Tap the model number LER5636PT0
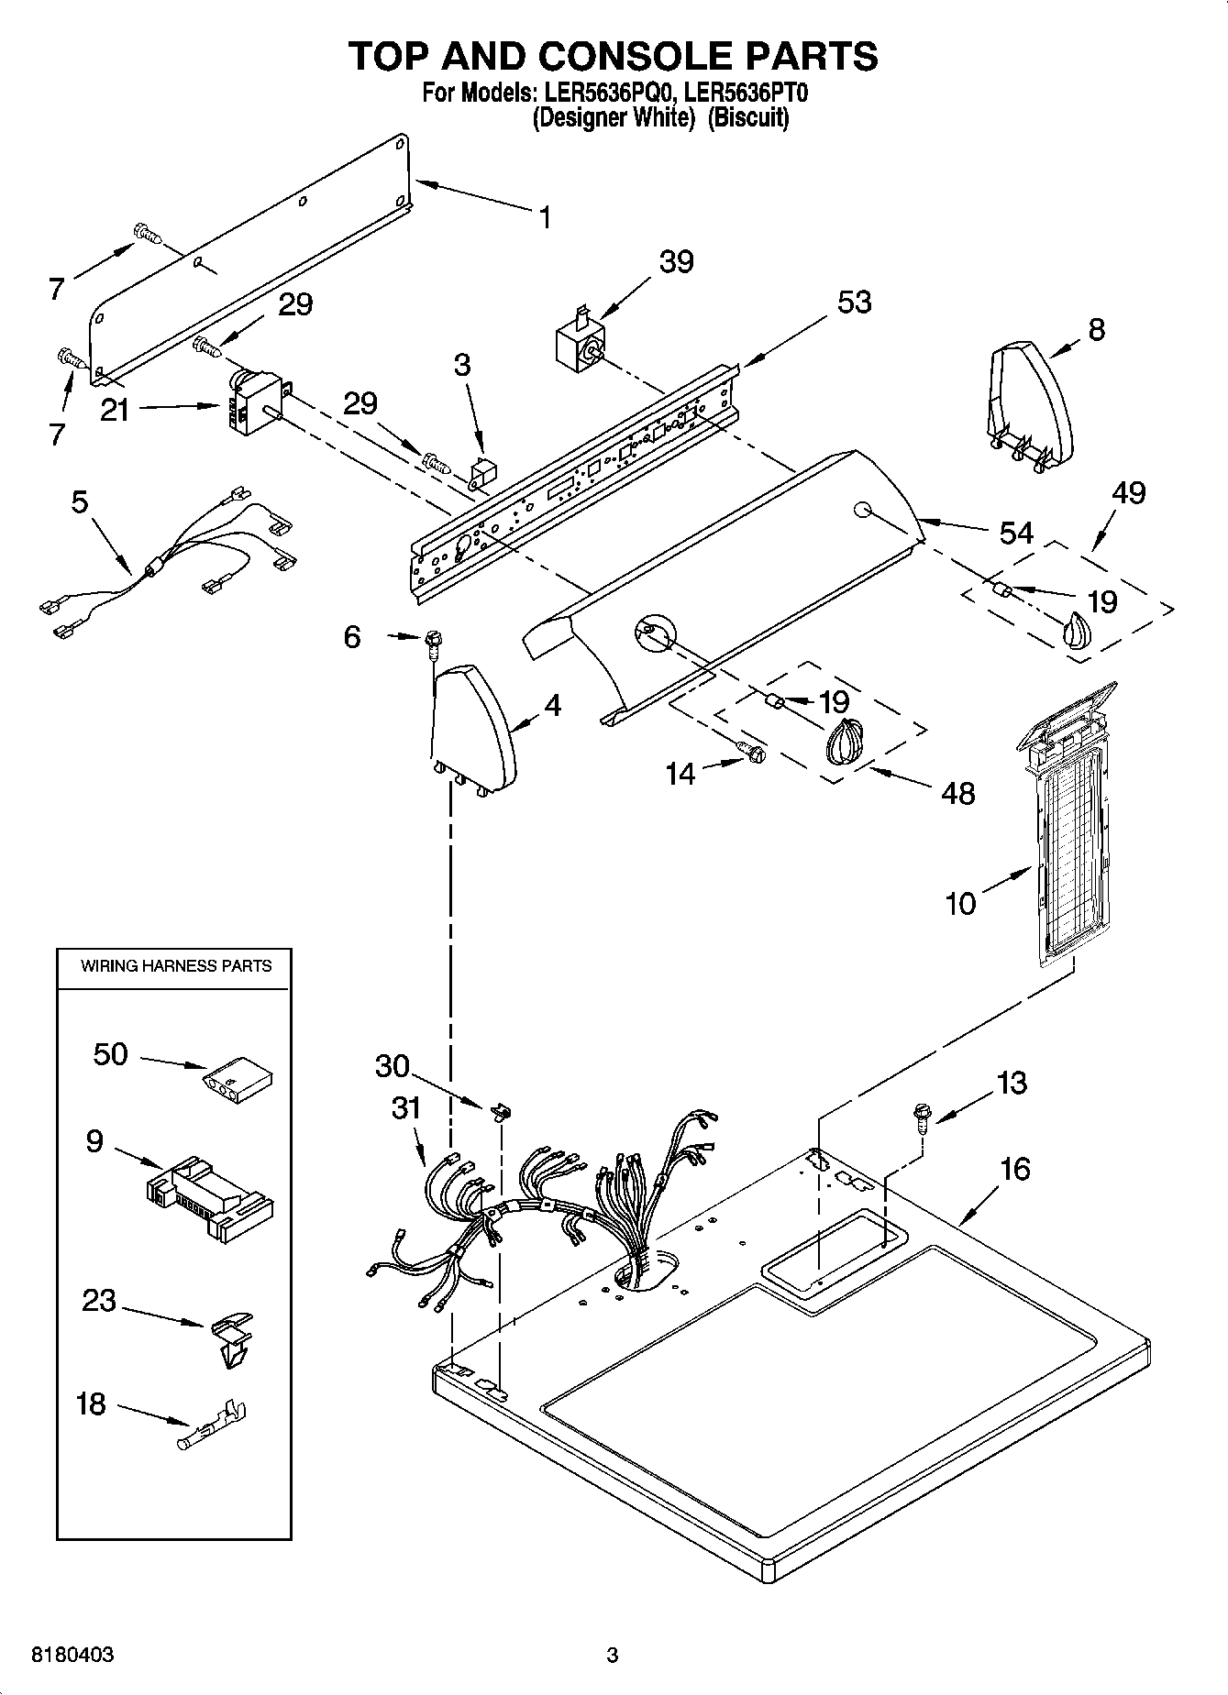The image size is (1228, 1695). [746, 93]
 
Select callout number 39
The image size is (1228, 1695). [677, 261]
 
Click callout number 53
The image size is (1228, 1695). [854, 302]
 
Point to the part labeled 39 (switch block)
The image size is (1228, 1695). [579, 347]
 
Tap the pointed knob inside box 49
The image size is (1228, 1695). [1077, 633]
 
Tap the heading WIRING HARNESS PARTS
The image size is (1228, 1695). [176, 965]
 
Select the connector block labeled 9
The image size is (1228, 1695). [210, 1197]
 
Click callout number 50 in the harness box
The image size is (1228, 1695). [110, 1054]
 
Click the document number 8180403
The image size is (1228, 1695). [73, 1655]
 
